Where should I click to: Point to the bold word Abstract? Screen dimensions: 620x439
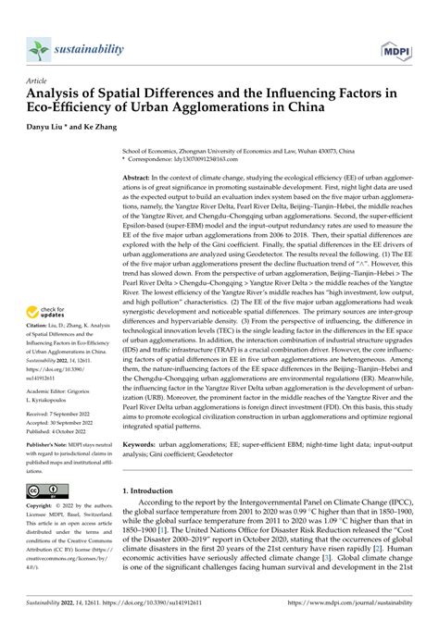(x=142, y=176)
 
